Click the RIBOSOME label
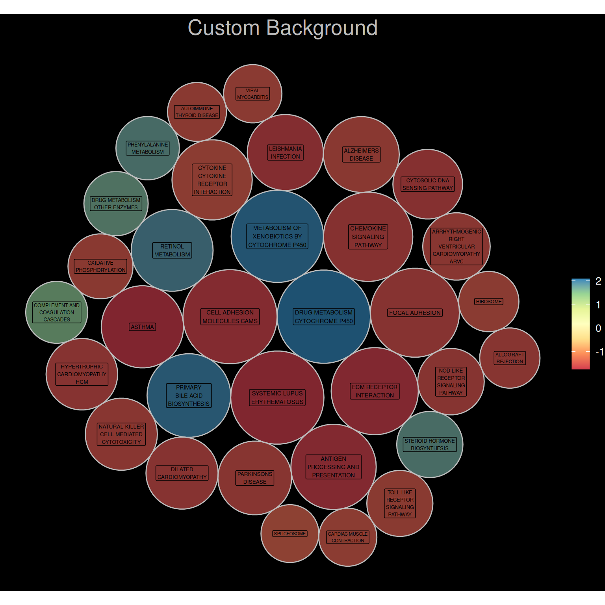489,302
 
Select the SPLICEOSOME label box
290,534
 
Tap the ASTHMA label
143,327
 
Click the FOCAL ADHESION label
415,313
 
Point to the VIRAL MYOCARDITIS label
253,94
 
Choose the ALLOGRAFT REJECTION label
510,358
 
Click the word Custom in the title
223,28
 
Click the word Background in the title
322,28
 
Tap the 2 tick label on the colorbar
598,281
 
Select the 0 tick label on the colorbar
598,328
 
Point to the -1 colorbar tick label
599,352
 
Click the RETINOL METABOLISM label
172,251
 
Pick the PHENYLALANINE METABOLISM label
148,148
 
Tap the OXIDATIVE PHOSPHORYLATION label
101,266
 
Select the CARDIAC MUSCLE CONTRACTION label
348,537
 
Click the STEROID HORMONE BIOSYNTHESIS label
430,445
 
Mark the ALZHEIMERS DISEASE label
361,154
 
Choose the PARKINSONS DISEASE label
255,478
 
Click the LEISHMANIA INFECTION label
286,152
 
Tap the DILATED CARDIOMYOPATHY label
182,473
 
